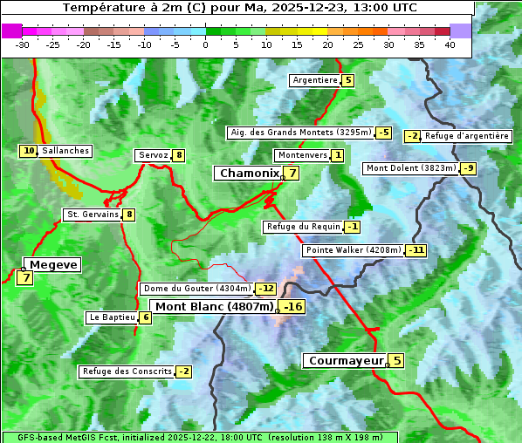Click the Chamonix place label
[248, 174]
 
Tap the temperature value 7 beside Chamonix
[293, 174]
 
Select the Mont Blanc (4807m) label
[214, 307]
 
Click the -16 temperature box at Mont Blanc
[292, 307]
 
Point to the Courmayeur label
[346, 361]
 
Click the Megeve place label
[54, 265]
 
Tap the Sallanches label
[65, 151]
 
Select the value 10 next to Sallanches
[29, 151]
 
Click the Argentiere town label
[315, 80]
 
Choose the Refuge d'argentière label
[467, 136]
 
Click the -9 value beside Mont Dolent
[469, 168]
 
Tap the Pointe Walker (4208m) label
[354, 250]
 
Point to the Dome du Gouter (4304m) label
[197, 289]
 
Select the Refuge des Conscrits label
[127, 371]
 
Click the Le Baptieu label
[112, 317]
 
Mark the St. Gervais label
[92, 215]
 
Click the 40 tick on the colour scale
[450, 44]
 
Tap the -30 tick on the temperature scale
[23, 44]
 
